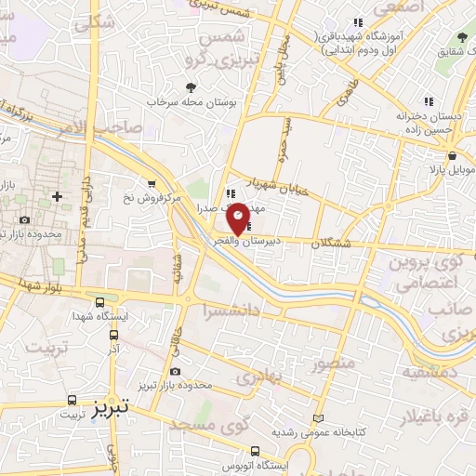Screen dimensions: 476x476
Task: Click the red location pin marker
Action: click(x=238, y=218)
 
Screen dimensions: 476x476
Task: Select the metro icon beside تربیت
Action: click(x=72, y=402)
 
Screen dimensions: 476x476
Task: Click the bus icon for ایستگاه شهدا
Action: click(x=99, y=303)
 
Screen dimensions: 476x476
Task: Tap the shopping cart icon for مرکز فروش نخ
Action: click(x=152, y=183)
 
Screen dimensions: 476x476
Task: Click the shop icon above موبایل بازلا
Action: click(x=451, y=155)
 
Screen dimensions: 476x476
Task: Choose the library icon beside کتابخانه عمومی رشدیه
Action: click(x=321, y=419)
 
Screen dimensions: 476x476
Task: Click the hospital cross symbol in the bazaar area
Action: click(x=58, y=196)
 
